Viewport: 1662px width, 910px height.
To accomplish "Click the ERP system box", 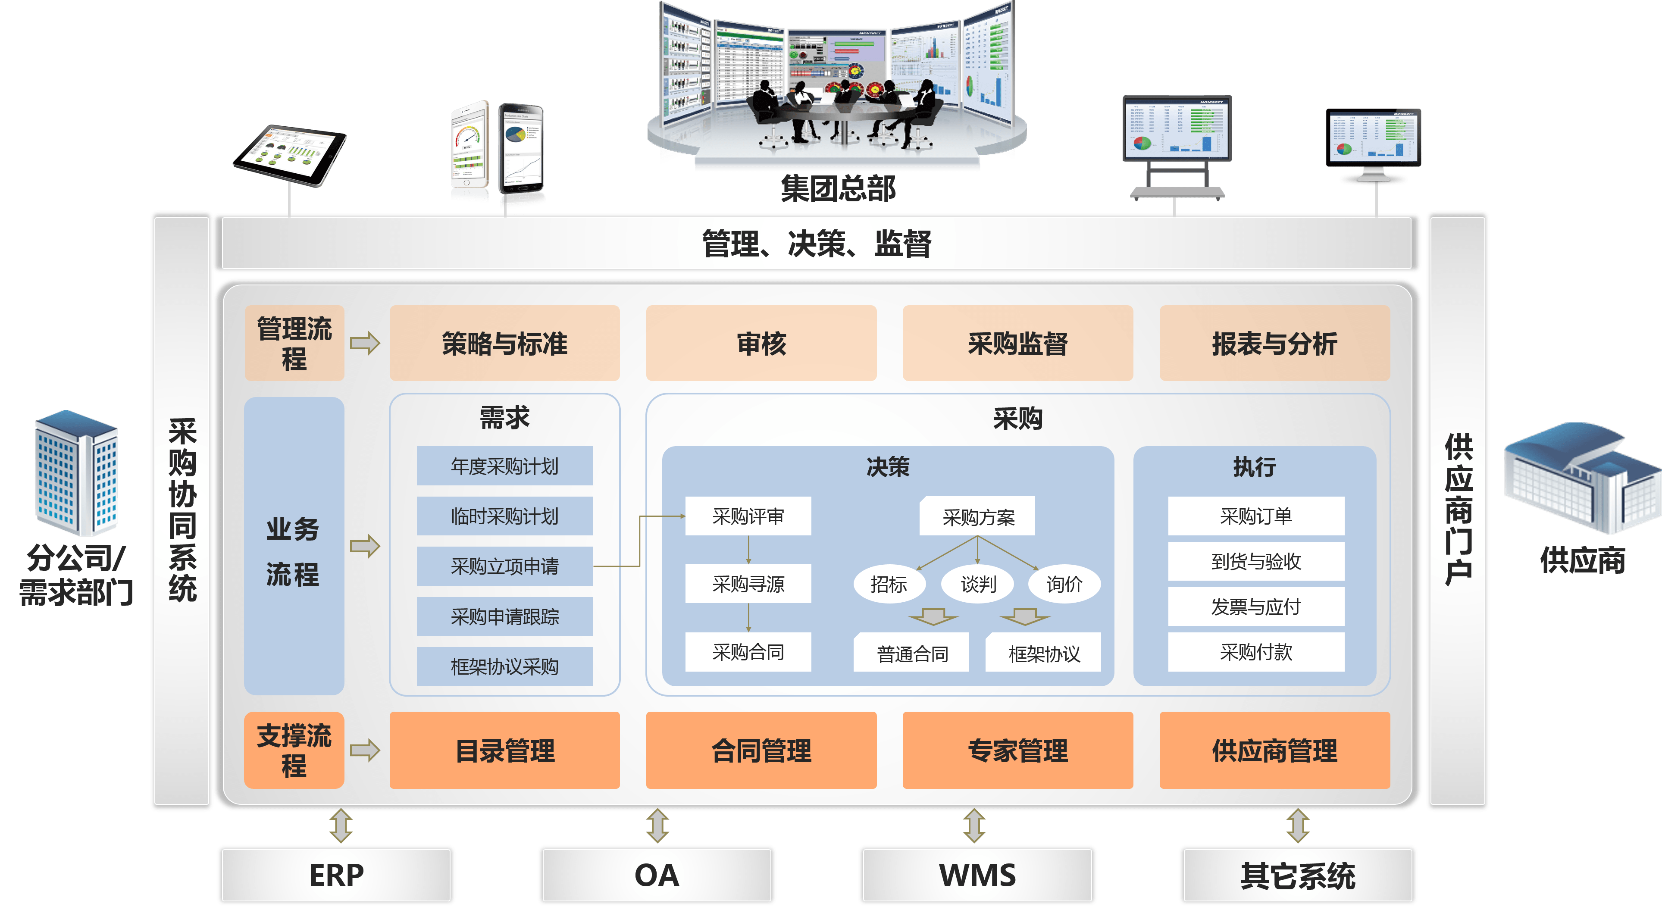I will click(x=336, y=875).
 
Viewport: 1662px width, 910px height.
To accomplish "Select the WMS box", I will click(x=977, y=875).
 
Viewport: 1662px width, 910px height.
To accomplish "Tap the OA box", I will click(x=656, y=875).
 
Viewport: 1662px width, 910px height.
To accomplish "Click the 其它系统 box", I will click(x=1297, y=875).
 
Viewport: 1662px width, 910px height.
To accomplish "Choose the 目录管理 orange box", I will click(x=504, y=750).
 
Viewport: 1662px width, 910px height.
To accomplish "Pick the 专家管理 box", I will click(x=1017, y=750).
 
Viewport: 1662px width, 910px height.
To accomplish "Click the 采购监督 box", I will click(x=1017, y=343).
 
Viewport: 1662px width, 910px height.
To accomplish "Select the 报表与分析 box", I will click(x=1274, y=343).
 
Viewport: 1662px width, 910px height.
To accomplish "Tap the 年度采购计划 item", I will click(x=504, y=466).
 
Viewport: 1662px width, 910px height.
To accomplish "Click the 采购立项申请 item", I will click(x=504, y=566).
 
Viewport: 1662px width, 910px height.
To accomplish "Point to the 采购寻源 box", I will click(x=748, y=584).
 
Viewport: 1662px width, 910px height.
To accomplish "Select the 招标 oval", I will click(x=889, y=584).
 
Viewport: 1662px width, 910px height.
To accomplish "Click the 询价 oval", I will click(x=1064, y=584).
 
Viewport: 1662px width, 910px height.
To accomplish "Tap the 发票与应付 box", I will click(x=1255, y=606).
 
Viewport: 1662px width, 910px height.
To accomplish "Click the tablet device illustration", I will click(x=290, y=155).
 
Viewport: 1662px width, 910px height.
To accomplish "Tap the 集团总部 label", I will click(x=837, y=188).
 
